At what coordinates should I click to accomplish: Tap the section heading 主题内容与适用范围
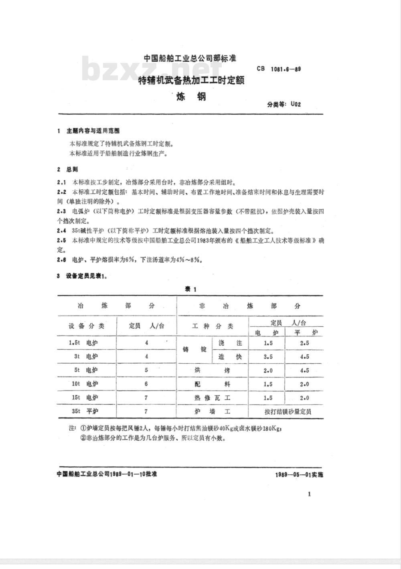(x=93, y=131)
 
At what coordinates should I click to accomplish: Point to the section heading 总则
(x=73, y=170)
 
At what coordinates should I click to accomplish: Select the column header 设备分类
(x=86, y=326)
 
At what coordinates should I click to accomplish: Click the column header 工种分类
(x=213, y=326)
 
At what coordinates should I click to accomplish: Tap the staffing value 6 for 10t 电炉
(x=146, y=384)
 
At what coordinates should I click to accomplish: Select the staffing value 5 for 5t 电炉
(x=146, y=370)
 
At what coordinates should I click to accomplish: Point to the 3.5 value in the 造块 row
(x=268, y=357)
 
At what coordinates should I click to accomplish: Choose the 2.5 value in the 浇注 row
(x=304, y=343)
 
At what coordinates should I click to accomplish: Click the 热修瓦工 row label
(x=213, y=398)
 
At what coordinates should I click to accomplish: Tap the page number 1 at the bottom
(x=309, y=494)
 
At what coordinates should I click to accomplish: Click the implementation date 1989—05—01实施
(x=299, y=474)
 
